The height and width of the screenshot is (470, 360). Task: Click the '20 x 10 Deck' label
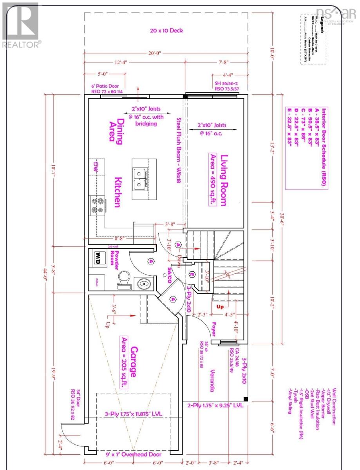click(x=166, y=31)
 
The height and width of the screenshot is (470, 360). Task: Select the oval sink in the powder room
click(x=143, y=283)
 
